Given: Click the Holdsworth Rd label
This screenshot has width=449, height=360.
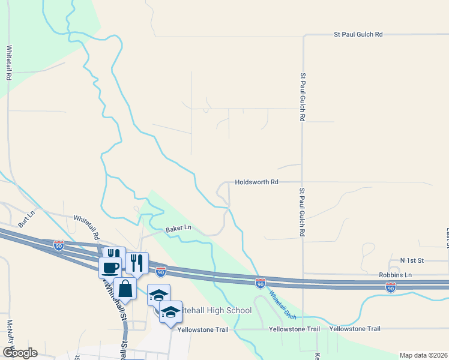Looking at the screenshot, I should [257, 181].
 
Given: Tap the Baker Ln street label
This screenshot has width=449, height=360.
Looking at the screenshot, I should [178, 228].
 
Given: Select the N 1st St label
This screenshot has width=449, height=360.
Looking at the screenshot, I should [412, 260].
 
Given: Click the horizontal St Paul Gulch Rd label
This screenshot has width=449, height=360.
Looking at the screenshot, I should [358, 35].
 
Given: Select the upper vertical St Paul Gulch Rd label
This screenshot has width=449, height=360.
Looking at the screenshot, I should [303, 98].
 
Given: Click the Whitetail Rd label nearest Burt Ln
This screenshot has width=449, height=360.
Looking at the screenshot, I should [86, 228].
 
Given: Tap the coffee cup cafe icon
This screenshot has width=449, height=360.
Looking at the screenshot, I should [110, 267].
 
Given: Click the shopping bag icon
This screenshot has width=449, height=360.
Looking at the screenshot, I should [125, 289].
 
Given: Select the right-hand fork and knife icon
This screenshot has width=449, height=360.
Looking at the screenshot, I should [137, 263].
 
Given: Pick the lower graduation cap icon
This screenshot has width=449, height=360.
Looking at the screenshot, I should [171, 312].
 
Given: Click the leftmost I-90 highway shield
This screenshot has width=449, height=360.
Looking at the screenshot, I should [58, 245].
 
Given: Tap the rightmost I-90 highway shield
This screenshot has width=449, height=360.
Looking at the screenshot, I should [391, 287].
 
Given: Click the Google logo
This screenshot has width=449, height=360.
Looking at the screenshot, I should [19, 353].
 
